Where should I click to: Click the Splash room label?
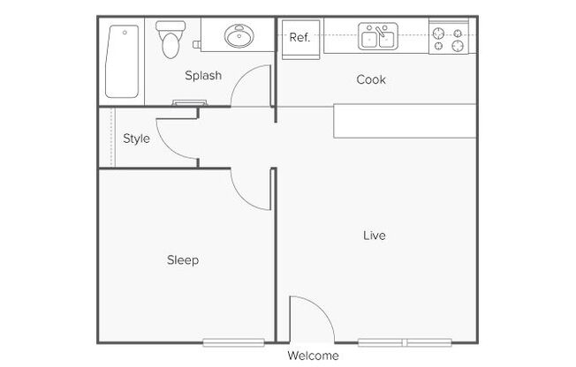203,76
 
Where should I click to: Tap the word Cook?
371,79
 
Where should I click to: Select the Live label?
375,236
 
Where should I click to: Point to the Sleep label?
183,260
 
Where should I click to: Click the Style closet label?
136,139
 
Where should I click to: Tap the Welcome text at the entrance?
313,356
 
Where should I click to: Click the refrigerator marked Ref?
300,40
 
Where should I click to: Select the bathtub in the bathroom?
122,61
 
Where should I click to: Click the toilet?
171,40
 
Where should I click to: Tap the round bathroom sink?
239,35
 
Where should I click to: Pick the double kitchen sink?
378,36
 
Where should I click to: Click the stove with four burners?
449,37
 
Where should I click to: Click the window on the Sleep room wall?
233,343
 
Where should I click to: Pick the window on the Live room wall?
405,343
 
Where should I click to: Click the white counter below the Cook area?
405,121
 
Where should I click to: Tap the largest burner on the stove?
458,46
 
